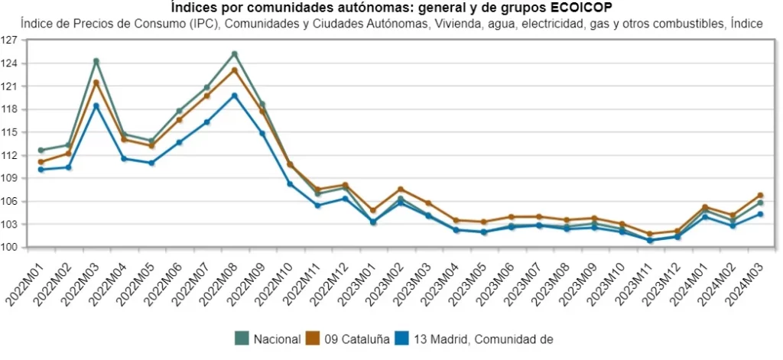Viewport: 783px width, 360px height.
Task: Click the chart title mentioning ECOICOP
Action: (x=391, y=8)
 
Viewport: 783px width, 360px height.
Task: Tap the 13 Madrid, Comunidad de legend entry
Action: (x=474, y=339)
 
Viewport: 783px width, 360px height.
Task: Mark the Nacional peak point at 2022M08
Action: (x=235, y=54)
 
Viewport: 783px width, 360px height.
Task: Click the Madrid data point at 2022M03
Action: (x=96, y=106)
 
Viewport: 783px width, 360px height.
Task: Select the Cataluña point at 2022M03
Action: (x=96, y=83)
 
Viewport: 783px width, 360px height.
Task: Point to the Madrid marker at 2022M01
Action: (x=41, y=170)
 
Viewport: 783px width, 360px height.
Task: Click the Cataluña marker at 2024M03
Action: (x=760, y=196)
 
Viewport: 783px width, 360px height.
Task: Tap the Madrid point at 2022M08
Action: (x=235, y=96)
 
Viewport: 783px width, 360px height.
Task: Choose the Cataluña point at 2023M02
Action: (x=401, y=189)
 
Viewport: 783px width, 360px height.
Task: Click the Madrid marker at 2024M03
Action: (x=760, y=214)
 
